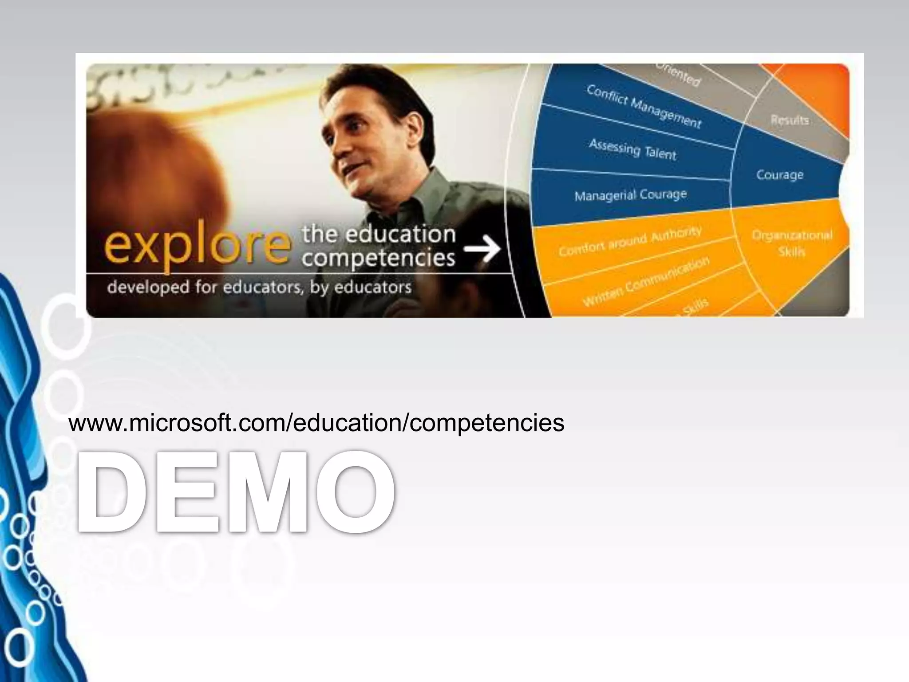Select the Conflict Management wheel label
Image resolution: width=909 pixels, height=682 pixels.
pyautogui.click(x=644, y=107)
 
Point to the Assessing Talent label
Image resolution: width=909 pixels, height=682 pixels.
pyautogui.click(x=632, y=149)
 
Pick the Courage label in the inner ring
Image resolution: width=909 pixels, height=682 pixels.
pyautogui.click(x=780, y=174)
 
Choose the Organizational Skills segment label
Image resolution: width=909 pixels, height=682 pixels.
pyautogui.click(x=792, y=243)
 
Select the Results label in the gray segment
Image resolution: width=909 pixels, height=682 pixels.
pyautogui.click(x=790, y=120)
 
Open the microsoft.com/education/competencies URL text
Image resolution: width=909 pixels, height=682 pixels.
pyautogui.click(x=316, y=422)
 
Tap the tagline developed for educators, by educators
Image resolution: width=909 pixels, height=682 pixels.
pyautogui.click(x=259, y=287)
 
